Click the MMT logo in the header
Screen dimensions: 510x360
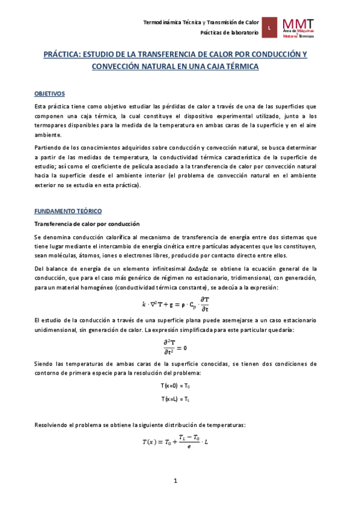click(304, 27)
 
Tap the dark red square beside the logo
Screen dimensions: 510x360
click(270, 28)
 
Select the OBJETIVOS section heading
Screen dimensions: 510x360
click(50, 94)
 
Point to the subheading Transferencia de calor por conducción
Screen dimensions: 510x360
click(87, 223)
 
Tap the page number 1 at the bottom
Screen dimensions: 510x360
click(175, 481)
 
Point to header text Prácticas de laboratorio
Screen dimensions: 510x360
click(230, 32)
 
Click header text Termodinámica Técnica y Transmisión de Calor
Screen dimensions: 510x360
click(201, 22)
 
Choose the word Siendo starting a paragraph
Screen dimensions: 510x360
click(43, 364)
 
